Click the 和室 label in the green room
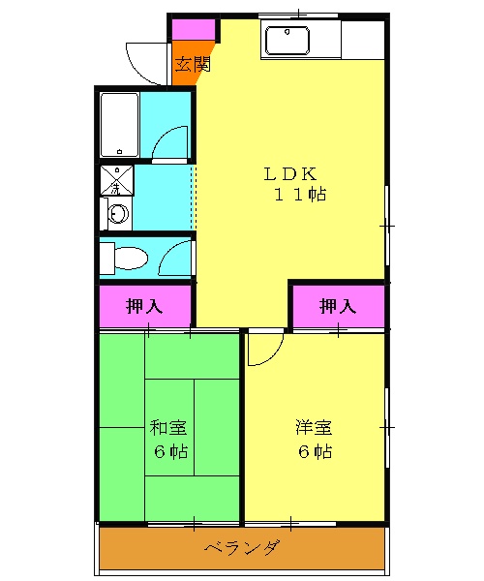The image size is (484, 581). point(168,427)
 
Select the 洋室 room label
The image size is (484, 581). point(315,427)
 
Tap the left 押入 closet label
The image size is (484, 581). point(145,307)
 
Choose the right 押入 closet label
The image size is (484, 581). point(338,307)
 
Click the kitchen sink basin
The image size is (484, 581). point(286,42)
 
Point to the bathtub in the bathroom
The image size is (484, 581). point(119,125)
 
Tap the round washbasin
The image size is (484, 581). point(117,214)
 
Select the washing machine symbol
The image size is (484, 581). point(117,180)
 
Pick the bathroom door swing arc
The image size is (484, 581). point(172,143)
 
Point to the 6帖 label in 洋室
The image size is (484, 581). point(315,451)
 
